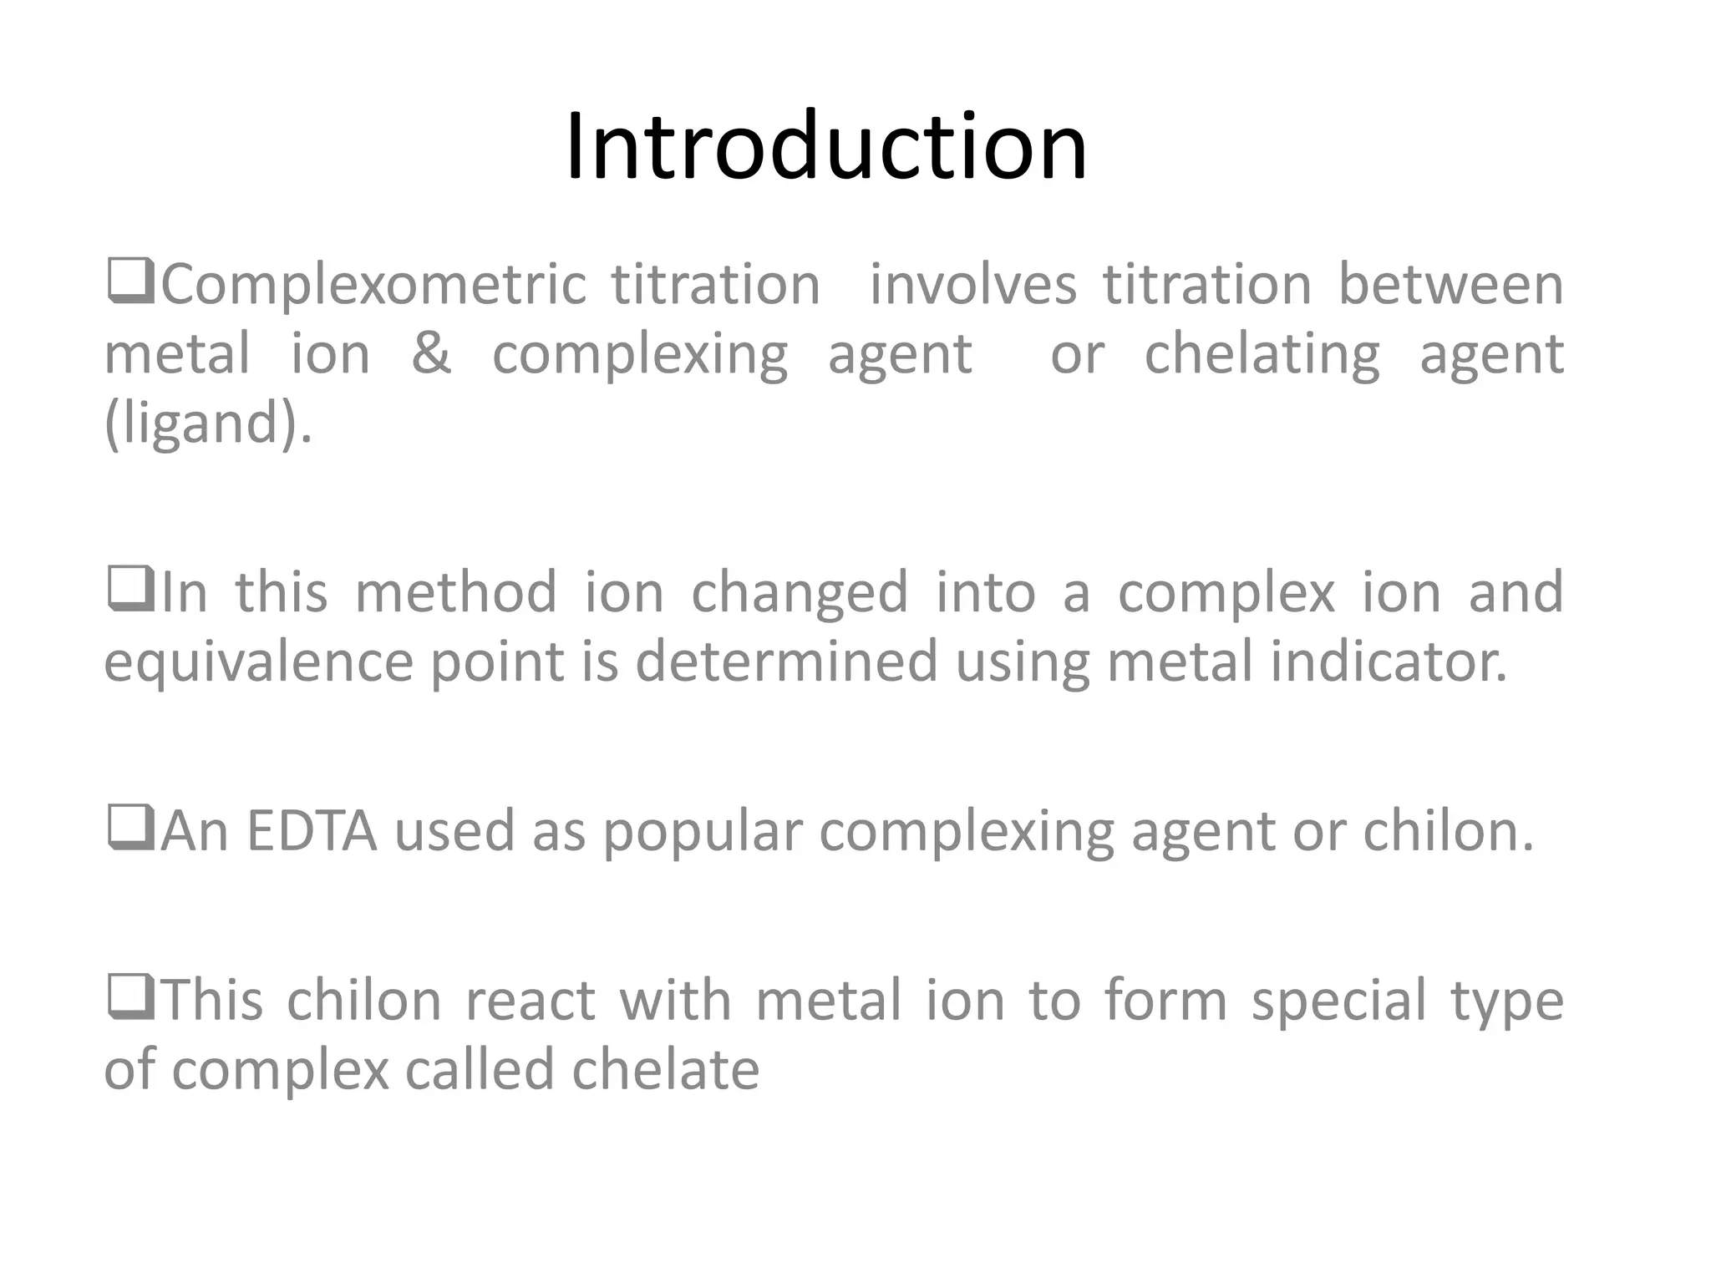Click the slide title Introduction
[825, 148]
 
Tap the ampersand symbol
[431, 353]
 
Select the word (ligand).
[208, 423]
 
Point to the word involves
[972, 286]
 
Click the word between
[1450, 286]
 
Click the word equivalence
[259, 662]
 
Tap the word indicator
[1389, 662]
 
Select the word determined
[787, 662]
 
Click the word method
[456, 593]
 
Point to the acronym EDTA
[312, 832]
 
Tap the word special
[1338, 1002]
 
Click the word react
[530, 1002]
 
